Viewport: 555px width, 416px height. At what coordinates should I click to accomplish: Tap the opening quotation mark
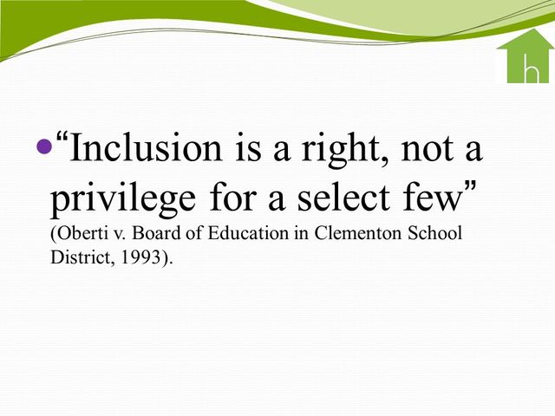click(x=62, y=138)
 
